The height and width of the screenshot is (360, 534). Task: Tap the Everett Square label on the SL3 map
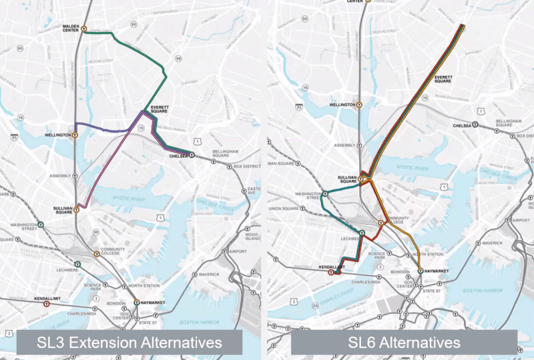pyautogui.click(x=158, y=110)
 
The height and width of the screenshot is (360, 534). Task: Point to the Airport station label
pyautogui.click(x=238, y=251)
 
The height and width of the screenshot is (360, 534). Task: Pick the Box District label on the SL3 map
pyautogui.click(x=246, y=167)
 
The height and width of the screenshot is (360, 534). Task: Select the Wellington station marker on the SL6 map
pyautogui.click(x=359, y=105)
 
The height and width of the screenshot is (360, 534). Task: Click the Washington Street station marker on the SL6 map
pyautogui.click(x=324, y=195)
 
